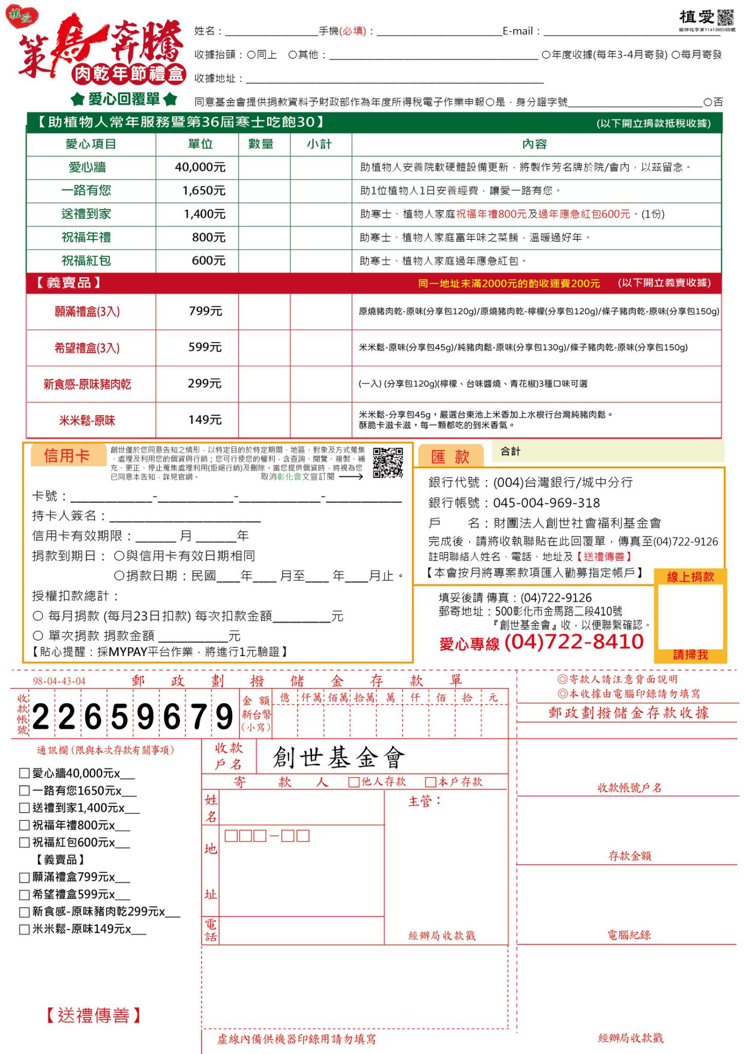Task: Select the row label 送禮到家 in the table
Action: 86,214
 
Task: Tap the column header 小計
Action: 319,144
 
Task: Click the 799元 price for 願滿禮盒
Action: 205,311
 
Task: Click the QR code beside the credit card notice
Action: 388,462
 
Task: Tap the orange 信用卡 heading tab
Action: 67,455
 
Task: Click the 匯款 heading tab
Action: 450,456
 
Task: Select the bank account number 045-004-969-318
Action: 546,503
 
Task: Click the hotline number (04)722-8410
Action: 574,642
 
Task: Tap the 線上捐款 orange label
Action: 690,577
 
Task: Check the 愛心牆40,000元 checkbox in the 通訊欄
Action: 24,773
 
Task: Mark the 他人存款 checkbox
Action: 354,782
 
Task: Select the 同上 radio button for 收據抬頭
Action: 251,55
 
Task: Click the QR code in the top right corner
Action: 725,17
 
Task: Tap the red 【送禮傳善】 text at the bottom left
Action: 93,1015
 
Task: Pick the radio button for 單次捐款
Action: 38,636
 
